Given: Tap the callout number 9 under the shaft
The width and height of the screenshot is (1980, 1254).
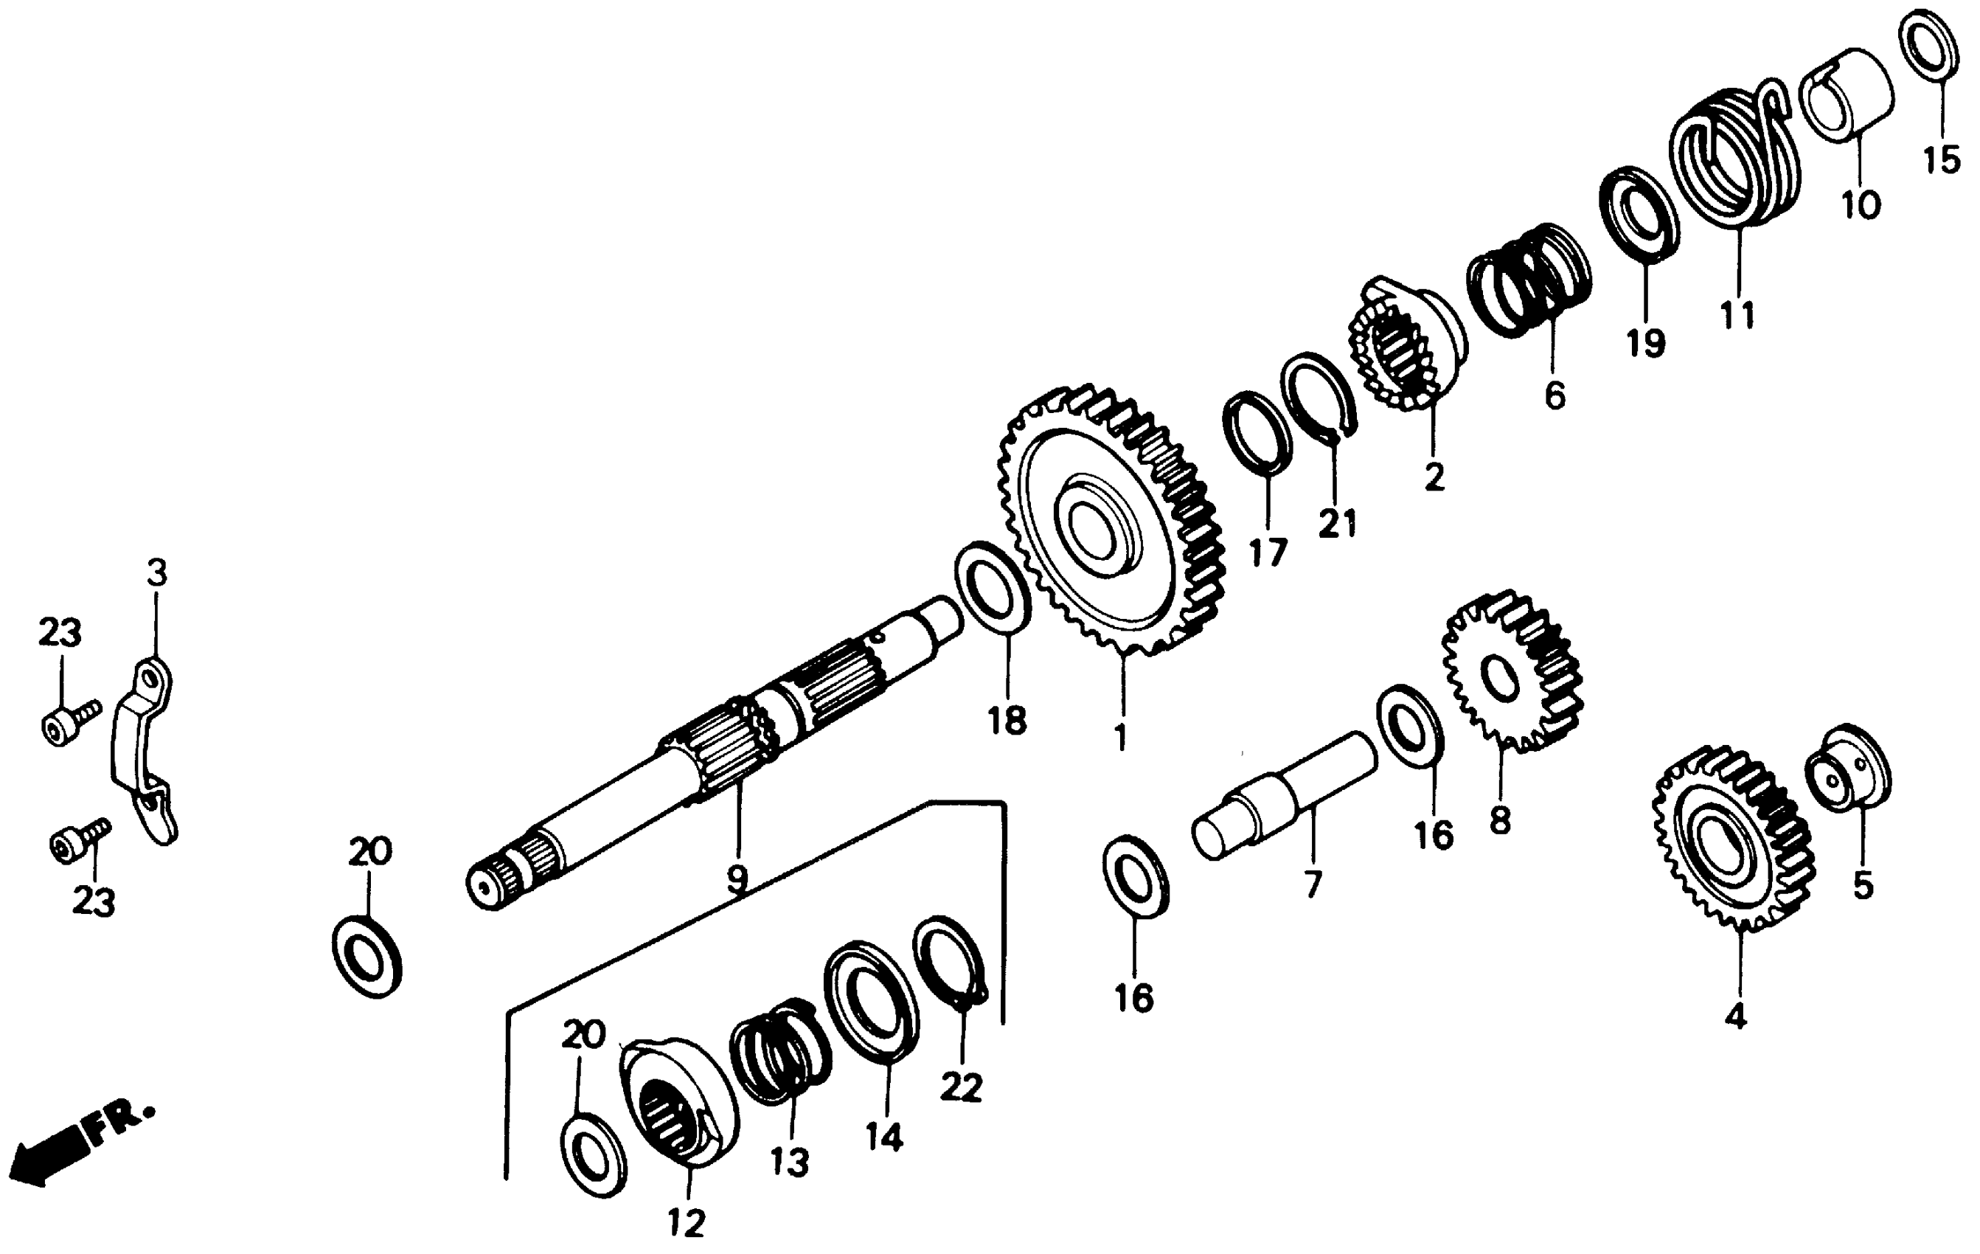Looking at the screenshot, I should click(737, 879).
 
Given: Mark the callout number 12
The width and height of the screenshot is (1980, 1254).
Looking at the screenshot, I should click(687, 1224).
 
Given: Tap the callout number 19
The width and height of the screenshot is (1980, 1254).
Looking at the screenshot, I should click(1645, 342).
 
